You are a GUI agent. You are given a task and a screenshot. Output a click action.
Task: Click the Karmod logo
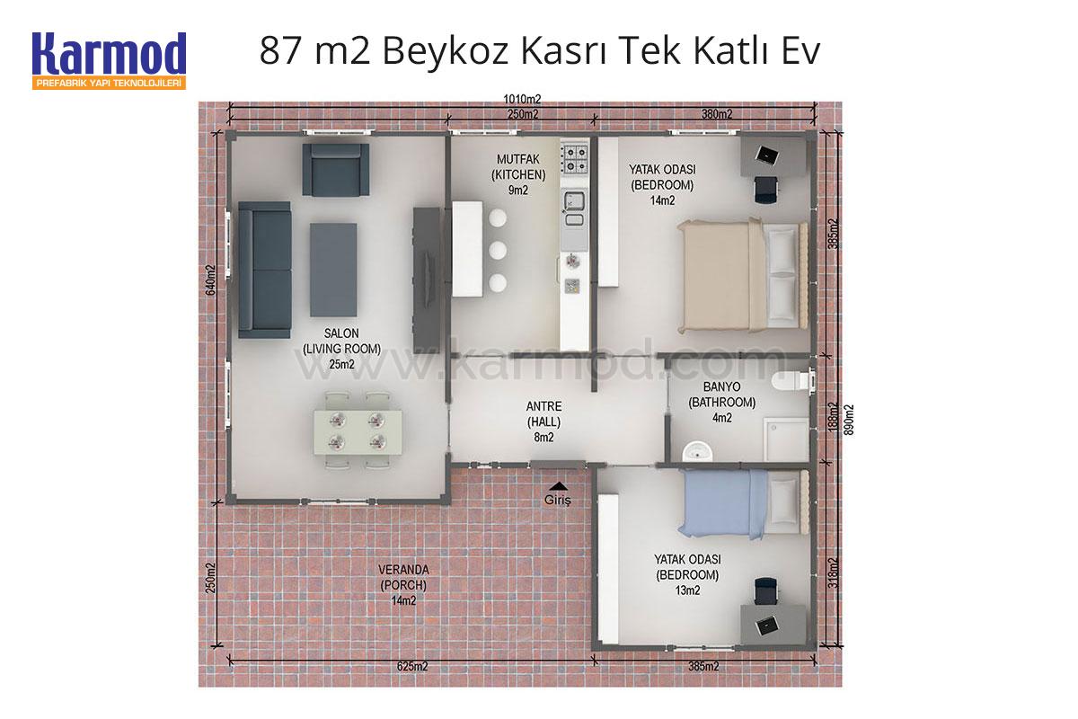coord(109,61)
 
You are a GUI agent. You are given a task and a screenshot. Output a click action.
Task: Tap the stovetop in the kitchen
coord(574,159)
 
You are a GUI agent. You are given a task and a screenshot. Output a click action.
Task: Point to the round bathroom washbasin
coord(697,451)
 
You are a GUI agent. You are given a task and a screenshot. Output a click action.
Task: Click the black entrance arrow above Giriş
coord(558,486)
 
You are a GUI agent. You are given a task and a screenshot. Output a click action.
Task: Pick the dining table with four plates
coord(358,432)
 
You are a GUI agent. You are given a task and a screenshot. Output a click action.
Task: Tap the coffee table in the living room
coord(333,270)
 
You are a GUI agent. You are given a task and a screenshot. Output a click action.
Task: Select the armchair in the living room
coord(335,170)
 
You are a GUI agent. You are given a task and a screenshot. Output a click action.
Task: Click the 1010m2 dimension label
coord(522,99)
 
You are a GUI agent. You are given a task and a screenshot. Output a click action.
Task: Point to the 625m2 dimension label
coord(412,667)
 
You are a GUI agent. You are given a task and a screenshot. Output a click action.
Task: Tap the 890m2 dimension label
coord(850,420)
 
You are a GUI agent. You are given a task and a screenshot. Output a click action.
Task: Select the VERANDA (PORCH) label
coord(403,577)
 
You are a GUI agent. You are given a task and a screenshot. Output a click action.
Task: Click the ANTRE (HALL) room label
coord(543,414)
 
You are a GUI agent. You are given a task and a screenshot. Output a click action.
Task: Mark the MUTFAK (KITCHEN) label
coord(518,166)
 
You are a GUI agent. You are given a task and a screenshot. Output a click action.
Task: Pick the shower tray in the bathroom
coord(786,439)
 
